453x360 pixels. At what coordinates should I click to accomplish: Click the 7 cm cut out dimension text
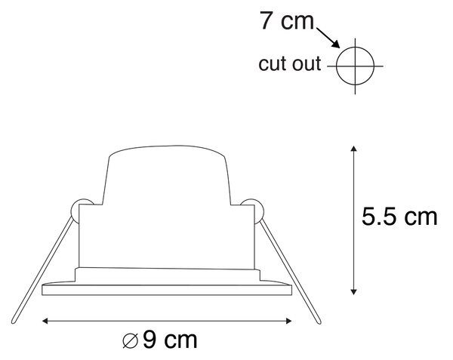[287, 21]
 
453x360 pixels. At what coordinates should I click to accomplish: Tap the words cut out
[289, 63]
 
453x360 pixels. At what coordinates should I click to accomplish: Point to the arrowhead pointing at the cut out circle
[336, 44]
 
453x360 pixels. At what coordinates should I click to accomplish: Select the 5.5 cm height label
[399, 217]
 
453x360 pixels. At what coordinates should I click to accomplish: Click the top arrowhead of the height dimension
[353, 149]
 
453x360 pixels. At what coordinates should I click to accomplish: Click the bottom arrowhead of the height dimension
[353, 291]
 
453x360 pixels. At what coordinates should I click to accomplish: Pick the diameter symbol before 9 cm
[130, 340]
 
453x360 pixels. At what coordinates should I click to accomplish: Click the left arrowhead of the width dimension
[45, 321]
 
